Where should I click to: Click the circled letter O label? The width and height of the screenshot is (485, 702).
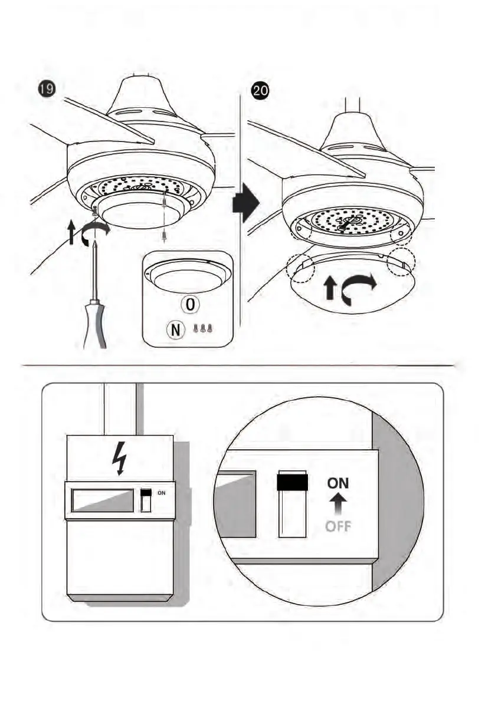pos(191,305)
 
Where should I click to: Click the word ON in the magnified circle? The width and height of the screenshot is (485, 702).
pos(338,483)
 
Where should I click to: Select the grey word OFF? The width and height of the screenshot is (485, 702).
pos(338,526)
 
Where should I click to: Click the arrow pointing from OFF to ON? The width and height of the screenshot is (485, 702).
pos(338,504)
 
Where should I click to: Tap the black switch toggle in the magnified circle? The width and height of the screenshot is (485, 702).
pos(292,480)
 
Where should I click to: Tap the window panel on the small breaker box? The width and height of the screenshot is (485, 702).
pos(101,500)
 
